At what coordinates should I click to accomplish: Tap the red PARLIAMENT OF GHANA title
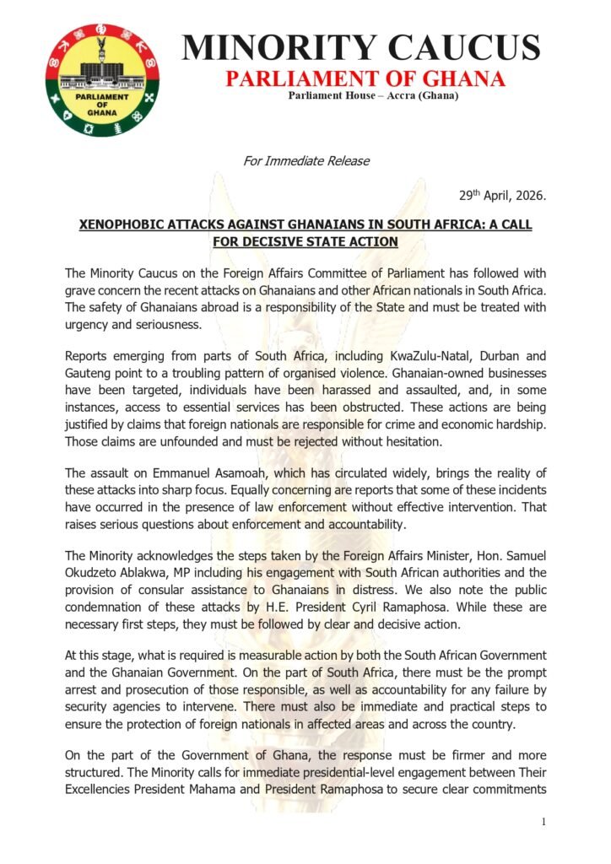(365, 80)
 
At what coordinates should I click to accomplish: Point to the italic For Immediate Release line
(305, 160)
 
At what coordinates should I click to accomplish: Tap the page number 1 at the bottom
(544, 822)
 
